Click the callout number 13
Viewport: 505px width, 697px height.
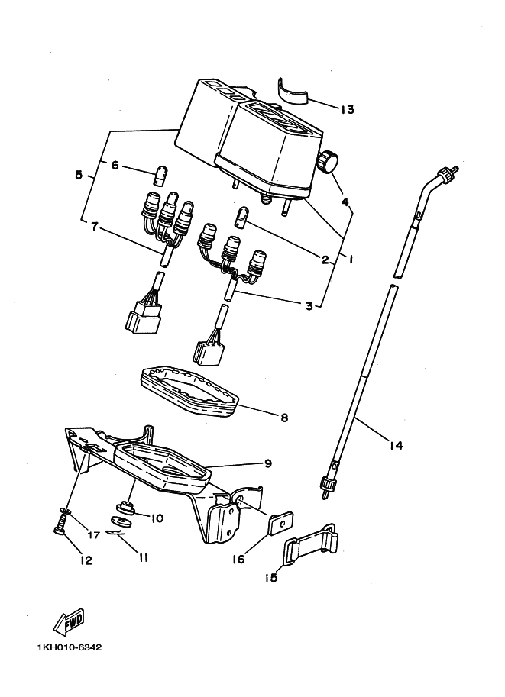347,109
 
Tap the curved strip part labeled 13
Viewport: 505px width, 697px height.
293,93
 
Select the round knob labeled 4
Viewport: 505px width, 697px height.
328,161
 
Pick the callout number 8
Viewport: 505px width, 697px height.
284,418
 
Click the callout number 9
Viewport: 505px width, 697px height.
267,463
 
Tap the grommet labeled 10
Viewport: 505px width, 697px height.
125,507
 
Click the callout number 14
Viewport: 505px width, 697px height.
396,445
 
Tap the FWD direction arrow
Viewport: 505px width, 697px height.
69,621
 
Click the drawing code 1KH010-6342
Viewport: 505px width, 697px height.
69,647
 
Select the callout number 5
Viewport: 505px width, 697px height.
79,175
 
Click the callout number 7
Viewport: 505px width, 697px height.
94,227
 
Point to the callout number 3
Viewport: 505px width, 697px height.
309,306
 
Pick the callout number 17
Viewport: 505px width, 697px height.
94,534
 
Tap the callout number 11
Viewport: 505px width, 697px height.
143,557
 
